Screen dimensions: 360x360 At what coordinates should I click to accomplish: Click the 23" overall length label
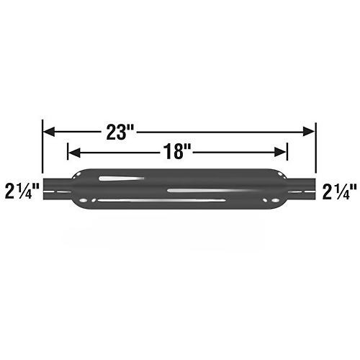[120, 132]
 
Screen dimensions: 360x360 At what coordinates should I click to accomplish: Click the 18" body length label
[177, 152]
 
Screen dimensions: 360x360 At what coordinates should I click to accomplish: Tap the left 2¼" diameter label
[22, 191]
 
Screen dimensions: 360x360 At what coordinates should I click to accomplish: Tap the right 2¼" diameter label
[339, 191]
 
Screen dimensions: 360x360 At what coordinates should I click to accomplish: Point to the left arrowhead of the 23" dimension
[49, 132]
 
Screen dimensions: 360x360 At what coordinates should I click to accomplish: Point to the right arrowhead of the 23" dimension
[309, 132]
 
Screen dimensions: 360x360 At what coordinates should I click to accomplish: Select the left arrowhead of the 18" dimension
[74, 153]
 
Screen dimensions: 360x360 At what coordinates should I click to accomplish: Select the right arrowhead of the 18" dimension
[280, 152]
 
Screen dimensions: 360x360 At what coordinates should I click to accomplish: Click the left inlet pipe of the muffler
[58, 189]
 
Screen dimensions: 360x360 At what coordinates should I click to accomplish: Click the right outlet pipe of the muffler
[301, 189]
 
